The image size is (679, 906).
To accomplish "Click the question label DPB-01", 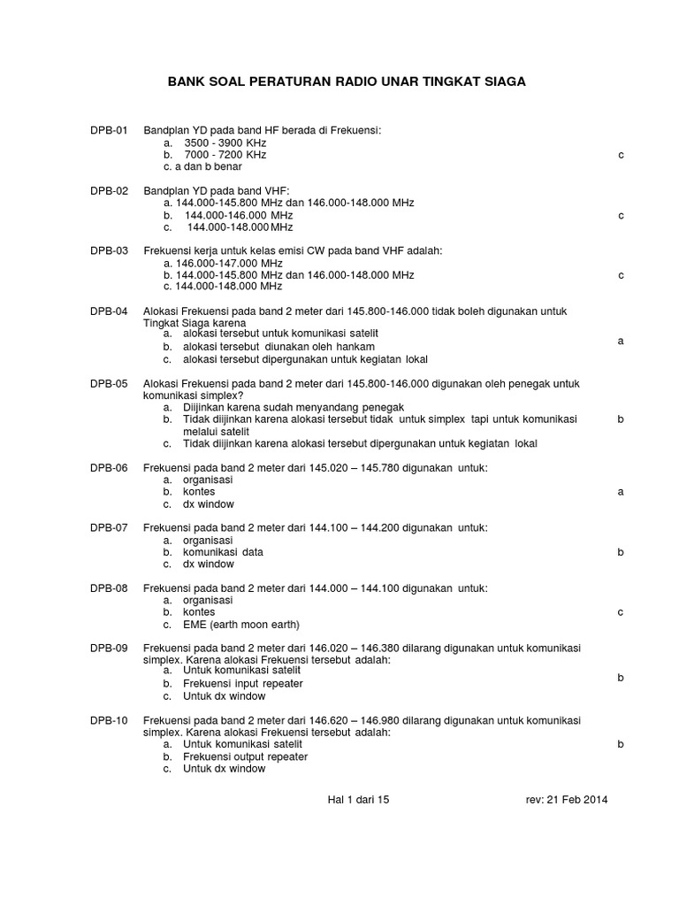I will (x=109, y=131).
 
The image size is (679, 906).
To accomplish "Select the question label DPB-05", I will (x=109, y=384).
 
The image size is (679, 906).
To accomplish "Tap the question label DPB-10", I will (x=109, y=721).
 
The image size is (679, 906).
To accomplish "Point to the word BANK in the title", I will (x=186, y=81).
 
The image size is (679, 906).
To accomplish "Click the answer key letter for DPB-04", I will (x=621, y=341).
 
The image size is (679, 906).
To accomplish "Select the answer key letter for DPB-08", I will (x=621, y=611).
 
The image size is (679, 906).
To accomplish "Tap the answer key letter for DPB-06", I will (x=621, y=491).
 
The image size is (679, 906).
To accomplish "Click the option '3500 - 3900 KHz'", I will (x=225, y=142).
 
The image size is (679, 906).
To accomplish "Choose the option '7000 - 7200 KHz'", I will (x=225, y=155).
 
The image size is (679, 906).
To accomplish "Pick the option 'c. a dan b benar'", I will (x=202, y=166).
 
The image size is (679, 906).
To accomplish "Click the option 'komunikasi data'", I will (x=223, y=552).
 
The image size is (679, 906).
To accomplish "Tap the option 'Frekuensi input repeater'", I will (x=243, y=684).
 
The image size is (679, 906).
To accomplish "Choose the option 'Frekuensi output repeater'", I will (x=246, y=756).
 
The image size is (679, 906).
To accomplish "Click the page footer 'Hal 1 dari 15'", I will (x=358, y=800).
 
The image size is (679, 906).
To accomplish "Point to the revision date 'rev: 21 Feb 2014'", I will (x=567, y=800).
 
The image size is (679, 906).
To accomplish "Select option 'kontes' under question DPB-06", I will (x=199, y=491).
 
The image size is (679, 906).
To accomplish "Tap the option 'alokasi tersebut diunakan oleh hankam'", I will (x=279, y=347).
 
